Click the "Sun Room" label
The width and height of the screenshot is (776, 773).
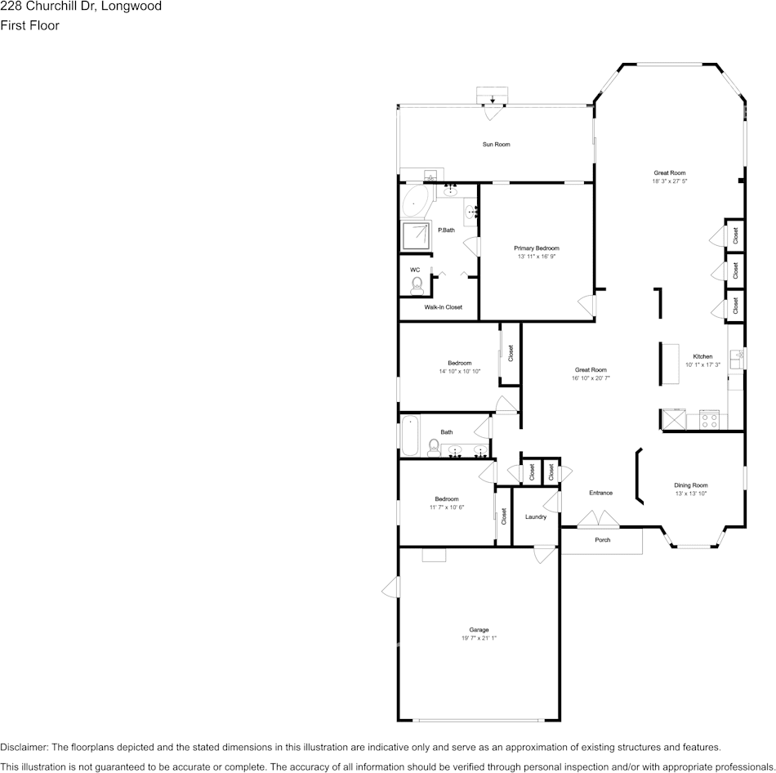tap(496, 145)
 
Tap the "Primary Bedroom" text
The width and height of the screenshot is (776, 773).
tap(536, 248)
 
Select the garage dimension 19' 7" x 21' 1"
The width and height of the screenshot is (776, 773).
tap(479, 638)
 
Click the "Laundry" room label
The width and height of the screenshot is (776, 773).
tap(536, 516)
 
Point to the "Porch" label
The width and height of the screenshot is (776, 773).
tap(602, 540)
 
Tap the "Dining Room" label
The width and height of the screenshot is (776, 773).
tap(690, 485)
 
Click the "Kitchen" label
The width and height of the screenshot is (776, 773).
tap(702, 356)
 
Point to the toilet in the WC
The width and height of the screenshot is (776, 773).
tap(417, 284)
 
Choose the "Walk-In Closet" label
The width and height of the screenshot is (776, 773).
tap(443, 307)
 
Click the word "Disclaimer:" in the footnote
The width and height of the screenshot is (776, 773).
tap(24, 747)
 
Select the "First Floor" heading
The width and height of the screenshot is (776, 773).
tap(29, 25)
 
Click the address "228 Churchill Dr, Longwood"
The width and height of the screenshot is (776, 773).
tap(81, 7)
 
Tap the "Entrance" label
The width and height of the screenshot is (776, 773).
tap(600, 493)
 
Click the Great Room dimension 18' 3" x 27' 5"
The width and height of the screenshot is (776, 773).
tap(669, 181)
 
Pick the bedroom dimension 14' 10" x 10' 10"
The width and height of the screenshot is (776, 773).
tap(459, 371)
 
